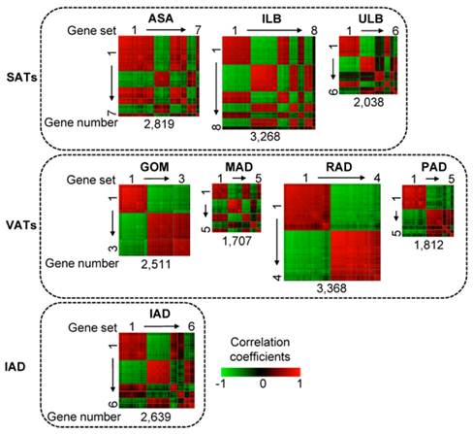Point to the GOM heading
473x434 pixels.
154,165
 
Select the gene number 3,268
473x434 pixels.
265,137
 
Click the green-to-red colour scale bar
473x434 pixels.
261,370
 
